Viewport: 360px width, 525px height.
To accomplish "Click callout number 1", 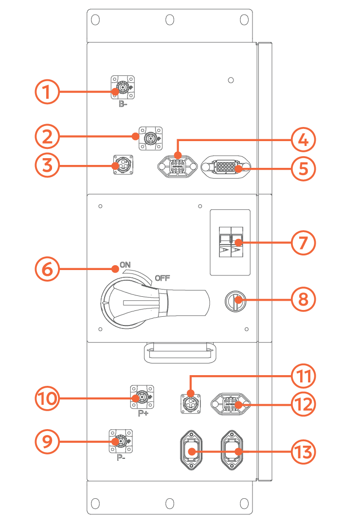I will point(47,91).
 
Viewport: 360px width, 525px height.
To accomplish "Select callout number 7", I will point(304,242).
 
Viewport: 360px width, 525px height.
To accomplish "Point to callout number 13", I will point(304,452).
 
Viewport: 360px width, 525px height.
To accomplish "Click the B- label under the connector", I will point(123,104).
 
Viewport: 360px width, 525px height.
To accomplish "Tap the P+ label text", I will point(143,414).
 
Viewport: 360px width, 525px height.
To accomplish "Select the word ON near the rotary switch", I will point(126,265).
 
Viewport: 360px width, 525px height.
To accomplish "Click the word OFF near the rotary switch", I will point(162,279).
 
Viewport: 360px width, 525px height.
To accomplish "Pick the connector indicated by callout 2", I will point(151,138).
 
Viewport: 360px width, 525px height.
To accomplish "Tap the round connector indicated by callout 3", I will point(123,165).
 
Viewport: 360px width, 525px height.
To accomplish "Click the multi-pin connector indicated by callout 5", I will point(225,168).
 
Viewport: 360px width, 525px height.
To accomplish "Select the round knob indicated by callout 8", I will point(236,302).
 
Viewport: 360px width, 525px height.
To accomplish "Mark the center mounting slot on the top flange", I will point(169,19).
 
